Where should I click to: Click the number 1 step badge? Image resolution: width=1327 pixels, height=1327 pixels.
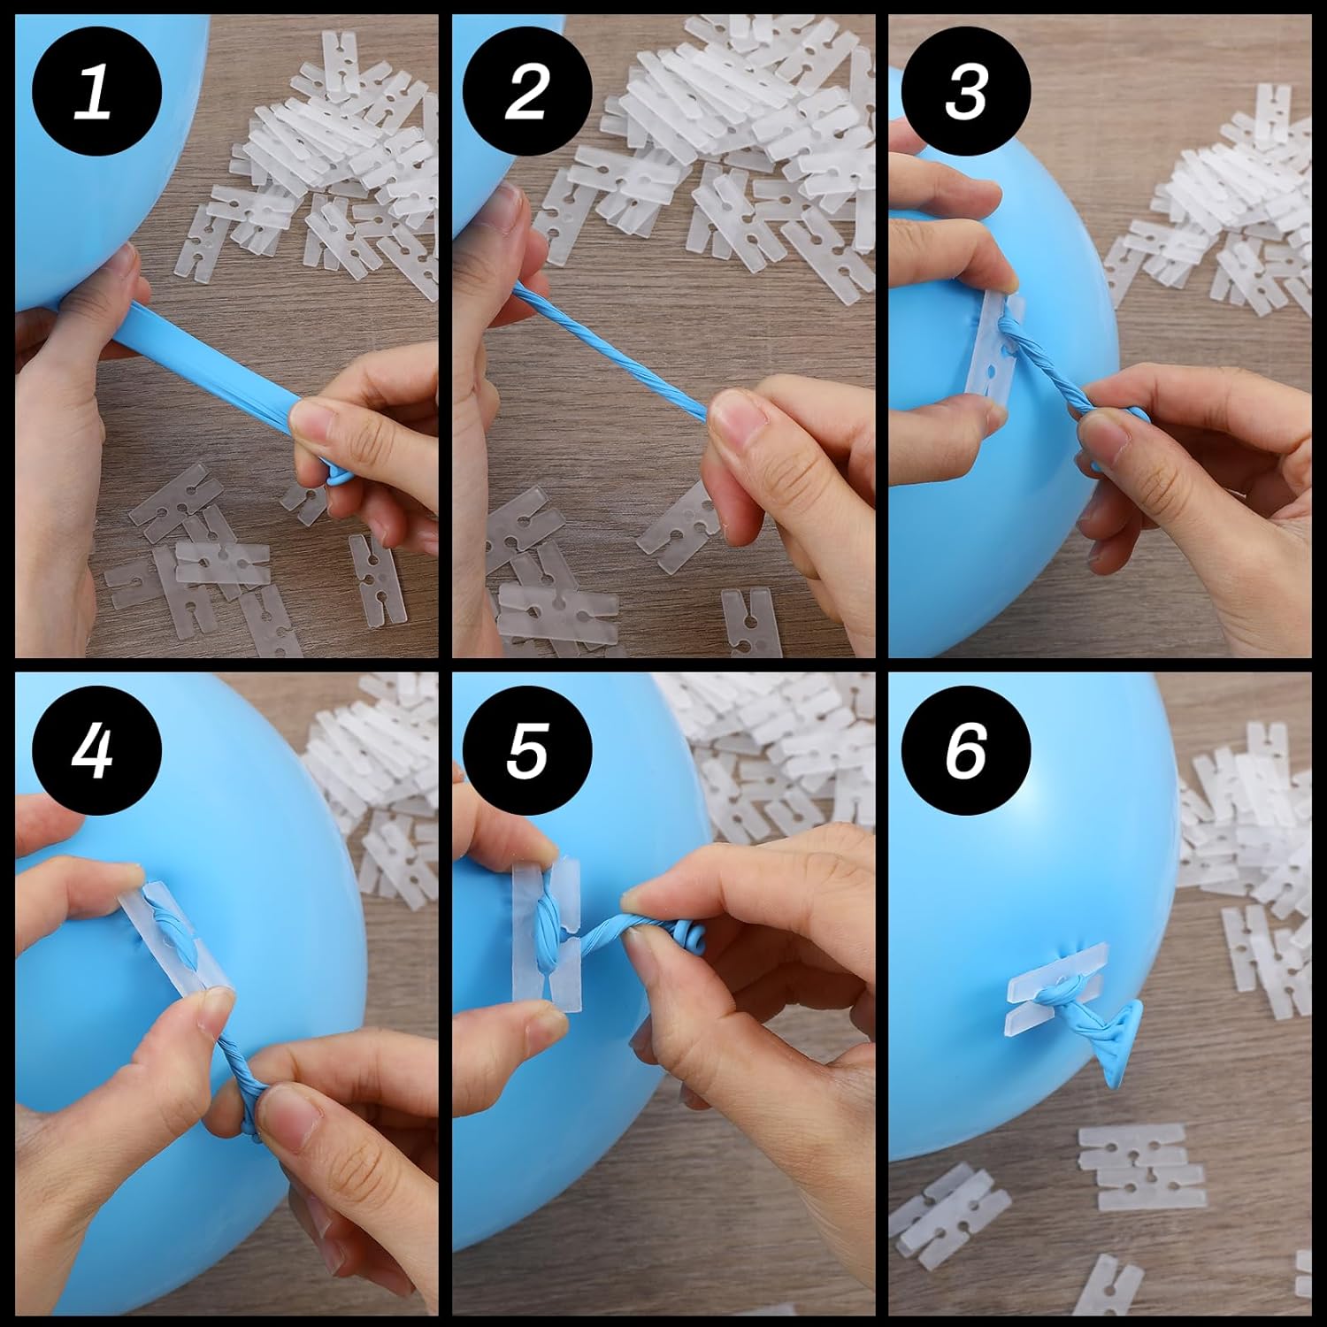96,93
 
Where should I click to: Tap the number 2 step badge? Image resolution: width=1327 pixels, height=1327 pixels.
527,93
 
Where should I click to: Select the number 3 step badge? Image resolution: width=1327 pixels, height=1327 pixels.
965,93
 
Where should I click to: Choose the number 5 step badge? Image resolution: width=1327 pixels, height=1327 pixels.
527,752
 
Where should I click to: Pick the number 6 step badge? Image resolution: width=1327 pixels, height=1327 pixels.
965,752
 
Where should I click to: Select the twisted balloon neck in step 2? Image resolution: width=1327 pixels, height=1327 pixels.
610,349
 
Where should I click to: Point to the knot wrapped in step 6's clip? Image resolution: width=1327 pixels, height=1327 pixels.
1062,991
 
